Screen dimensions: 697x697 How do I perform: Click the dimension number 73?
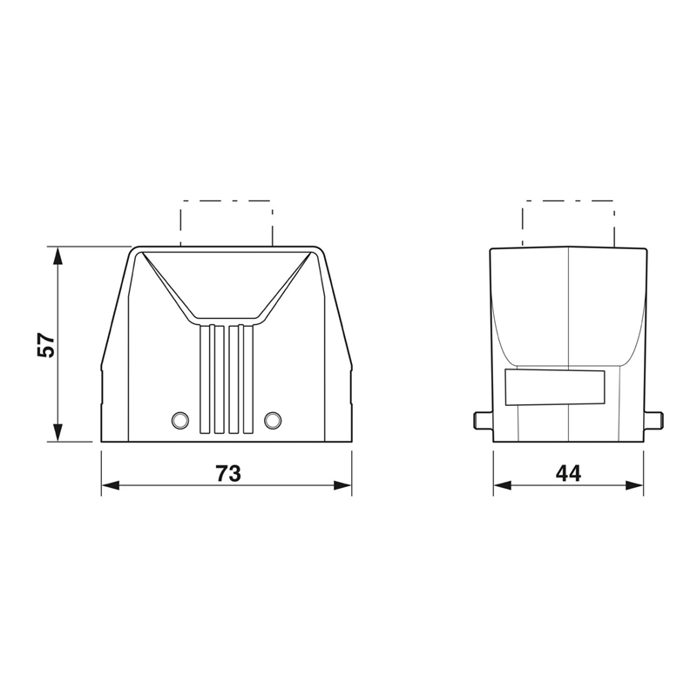click(228, 473)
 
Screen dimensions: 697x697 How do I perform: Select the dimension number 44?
click(568, 473)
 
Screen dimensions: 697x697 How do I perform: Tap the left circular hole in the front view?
click(180, 420)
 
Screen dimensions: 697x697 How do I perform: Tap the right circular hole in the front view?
click(273, 420)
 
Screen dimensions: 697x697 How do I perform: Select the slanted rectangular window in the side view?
click(555, 388)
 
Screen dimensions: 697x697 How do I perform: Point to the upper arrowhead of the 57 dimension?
click(58, 256)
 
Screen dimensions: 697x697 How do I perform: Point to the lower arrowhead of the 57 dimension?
click(58, 432)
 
